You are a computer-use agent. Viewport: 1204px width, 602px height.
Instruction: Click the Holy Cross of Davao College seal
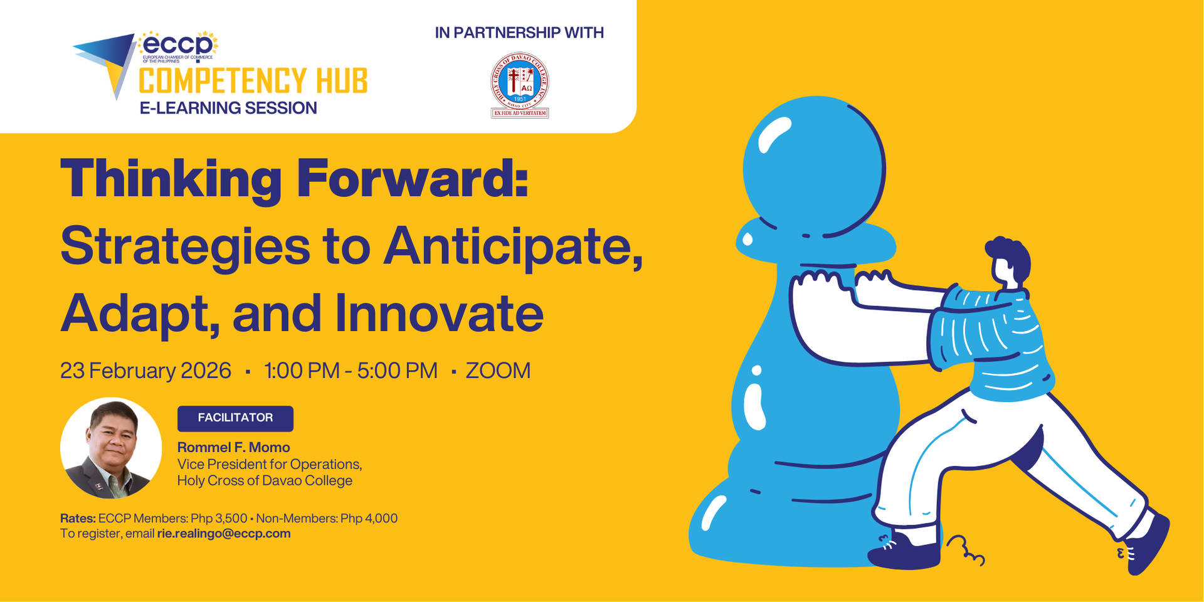(x=519, y=85)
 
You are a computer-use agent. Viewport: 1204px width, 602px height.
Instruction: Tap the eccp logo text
(x=177, y=45)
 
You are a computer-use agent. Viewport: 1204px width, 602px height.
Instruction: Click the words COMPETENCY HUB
(x=253, y=82)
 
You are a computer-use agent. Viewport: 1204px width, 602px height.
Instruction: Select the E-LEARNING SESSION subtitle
(x=228, y=108)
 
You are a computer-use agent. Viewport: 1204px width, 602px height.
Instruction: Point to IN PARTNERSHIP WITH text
(x=519, y=33)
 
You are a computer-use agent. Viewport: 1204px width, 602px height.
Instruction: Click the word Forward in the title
(x=413, y=179)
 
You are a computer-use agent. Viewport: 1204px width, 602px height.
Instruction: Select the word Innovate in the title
(x=439, y=314)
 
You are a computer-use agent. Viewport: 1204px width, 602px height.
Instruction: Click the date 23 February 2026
(x=145, y=371)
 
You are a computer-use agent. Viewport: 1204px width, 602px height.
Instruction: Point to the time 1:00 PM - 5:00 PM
(x=351, y=371)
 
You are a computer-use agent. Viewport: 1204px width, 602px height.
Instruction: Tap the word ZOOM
(x=498, y=371)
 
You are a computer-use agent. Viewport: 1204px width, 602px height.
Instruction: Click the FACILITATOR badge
(x=235, y=418)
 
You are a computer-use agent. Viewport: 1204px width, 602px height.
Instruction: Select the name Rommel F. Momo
(x=233, y=447)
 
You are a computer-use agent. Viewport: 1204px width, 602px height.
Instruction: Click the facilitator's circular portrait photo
(x=111, y=448)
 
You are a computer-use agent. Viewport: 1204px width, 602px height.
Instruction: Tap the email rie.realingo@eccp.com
(x=224, y=534)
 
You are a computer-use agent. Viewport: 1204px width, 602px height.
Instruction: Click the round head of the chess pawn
(x=814, y=166)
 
